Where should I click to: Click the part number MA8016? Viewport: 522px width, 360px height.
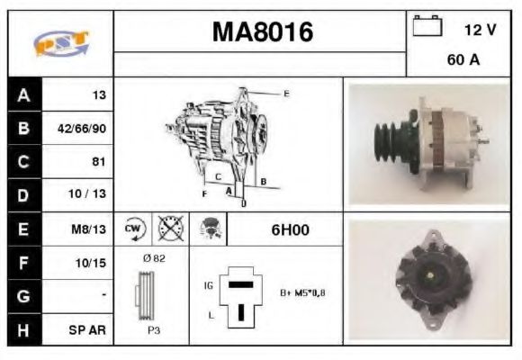point(262,33)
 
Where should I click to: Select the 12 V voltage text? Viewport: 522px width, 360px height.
point(480,30)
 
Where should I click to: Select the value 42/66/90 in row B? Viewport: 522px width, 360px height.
point(82,129)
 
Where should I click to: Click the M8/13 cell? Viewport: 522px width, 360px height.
point(90,229)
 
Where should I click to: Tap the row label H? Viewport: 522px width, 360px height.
point(22,329)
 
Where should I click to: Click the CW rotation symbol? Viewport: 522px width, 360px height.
point(133,229)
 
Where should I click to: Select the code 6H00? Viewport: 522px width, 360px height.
point(290,229)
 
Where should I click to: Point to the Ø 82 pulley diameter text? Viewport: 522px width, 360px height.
point(153,258)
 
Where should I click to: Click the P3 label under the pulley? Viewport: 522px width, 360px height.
point(153,330)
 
